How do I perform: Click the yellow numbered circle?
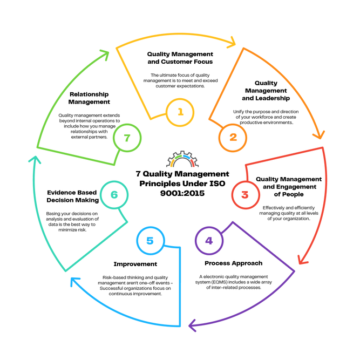[180, 112]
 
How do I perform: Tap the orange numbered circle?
[233, 138]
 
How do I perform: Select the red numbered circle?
[246, 194]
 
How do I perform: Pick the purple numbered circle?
[209, 241]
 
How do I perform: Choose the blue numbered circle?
[150, 241]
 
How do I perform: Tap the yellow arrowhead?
[233, 42]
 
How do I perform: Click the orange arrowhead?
[320, 134]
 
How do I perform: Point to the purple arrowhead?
[193, 325]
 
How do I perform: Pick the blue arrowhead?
[74, 281]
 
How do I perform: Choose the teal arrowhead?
[34, 160]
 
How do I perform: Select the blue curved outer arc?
[124, 316]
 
